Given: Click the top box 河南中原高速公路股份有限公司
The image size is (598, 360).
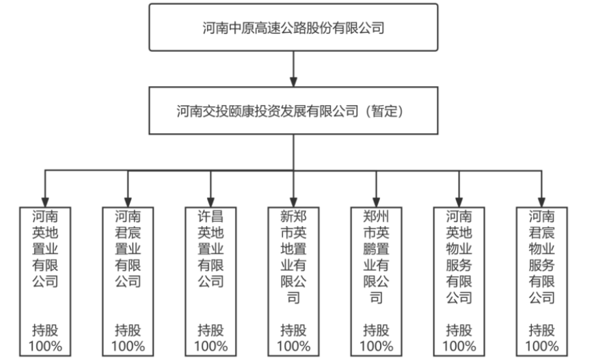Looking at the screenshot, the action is (293, 27).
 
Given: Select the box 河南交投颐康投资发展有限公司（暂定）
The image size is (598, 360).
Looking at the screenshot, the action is (293, 111).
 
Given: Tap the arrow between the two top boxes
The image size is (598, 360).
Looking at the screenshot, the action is (293, 69).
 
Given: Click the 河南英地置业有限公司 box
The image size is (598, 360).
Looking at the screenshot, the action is (45, 281).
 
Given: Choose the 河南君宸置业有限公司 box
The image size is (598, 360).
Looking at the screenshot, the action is (128, 281).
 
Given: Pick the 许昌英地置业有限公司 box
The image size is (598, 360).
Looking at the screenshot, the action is (210, 281).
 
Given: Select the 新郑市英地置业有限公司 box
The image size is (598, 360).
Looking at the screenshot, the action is (293, 281).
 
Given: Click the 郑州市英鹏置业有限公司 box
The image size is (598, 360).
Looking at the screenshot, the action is (376, 281).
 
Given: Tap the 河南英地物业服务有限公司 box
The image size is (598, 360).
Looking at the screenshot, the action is (459, 281).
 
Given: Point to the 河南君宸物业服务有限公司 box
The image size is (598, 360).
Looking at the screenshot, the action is (541, 281).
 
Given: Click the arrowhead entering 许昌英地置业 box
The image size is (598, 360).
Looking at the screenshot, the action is (210, 202).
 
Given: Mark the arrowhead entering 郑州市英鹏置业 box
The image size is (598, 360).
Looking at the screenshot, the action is (376, 202).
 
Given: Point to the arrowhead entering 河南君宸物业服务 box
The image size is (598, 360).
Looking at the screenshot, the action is (541, 202).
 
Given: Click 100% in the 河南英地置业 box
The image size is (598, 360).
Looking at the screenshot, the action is (45, 346).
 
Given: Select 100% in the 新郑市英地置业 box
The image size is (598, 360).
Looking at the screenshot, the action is (293, 346).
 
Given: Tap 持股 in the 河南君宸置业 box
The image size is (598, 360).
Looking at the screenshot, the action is (128, 330).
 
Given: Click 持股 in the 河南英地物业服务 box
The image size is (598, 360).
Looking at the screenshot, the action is (459, 330).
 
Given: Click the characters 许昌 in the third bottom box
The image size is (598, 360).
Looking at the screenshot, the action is (210, 217).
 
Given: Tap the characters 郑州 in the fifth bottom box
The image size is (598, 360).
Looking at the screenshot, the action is (376, 217).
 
